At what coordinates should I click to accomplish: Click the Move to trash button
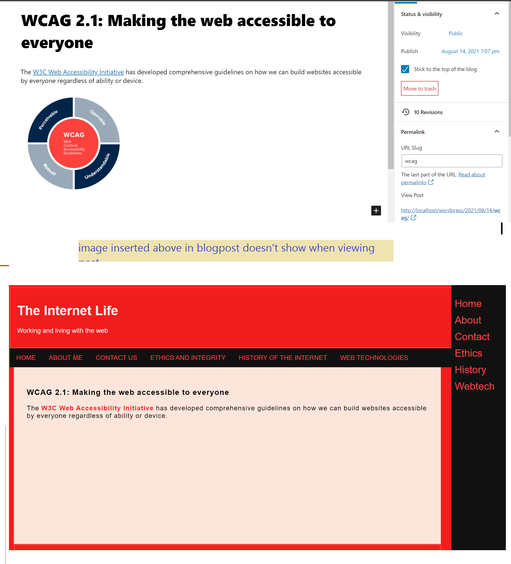419,88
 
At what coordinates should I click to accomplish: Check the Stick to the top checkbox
405,69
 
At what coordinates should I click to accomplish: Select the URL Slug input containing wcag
451,161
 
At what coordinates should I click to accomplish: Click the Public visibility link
456,33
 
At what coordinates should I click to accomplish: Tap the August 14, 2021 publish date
470,51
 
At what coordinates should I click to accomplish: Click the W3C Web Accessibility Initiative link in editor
78,72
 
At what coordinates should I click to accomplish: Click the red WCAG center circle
74,144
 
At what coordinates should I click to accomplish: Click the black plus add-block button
376,210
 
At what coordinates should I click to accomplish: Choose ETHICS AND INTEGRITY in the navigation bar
188,357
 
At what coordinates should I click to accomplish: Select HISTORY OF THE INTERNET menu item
283,357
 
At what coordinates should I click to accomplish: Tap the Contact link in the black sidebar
472,337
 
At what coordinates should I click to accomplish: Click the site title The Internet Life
67,311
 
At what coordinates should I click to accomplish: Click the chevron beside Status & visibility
496,14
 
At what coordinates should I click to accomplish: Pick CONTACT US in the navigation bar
116,357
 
